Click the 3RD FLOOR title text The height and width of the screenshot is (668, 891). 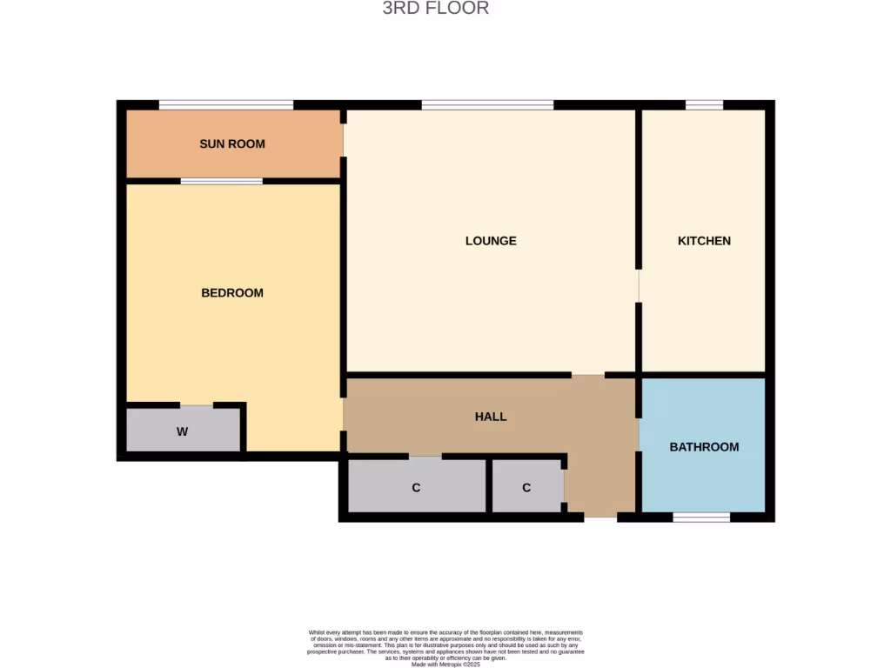(436, 9)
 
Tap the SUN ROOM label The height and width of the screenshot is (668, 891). (232, 144)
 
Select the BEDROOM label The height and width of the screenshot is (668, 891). (232, 293)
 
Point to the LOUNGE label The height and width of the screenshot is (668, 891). (491, 241)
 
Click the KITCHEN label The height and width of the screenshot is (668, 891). (704, 241)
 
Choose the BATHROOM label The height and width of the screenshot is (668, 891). (704, 447)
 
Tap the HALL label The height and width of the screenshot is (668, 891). (491, 417)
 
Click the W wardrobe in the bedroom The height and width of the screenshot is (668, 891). (183, 431)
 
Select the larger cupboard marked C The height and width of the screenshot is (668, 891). (416, 487)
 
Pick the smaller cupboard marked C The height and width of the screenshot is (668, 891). (526, 487)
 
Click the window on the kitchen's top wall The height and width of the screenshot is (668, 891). (704, 105)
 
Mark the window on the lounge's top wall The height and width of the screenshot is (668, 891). (487, 105)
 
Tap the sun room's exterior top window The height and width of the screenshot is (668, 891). (226, 105)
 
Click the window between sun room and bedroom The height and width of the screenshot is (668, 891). (222, 181)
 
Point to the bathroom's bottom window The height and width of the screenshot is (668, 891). (701, 517)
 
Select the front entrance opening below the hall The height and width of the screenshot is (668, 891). (600, 517)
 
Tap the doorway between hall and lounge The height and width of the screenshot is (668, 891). (588, 375)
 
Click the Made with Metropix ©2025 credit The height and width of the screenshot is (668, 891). (445, 665)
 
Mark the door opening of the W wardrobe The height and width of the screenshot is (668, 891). (197, 405)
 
